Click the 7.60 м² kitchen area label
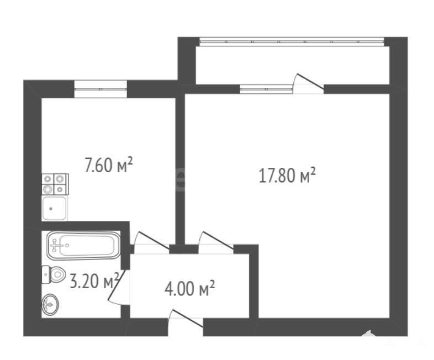pos(108,165)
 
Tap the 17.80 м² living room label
pos(287,175)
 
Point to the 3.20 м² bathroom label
pos(94,280)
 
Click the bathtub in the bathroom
pos(83,246)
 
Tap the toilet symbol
pos(54,274)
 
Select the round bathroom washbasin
pos(50,304)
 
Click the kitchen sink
pos(54,208)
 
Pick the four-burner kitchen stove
pos(55,184)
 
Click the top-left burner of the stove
pos(48,179)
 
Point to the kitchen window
pos(100,89)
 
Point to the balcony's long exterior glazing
pos(292,41)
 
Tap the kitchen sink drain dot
pos(51,209)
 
